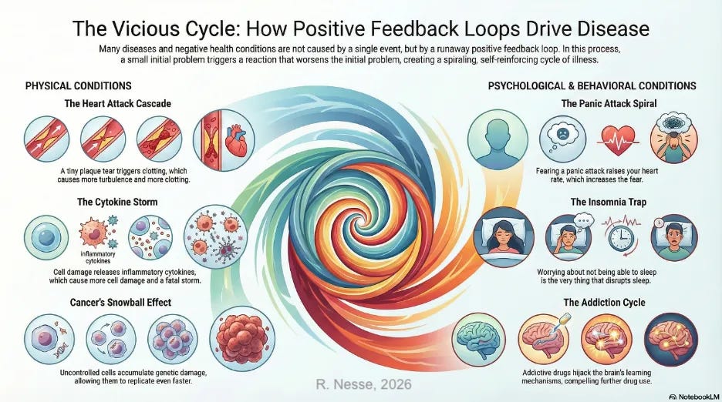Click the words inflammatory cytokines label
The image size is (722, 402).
[96, 256]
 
